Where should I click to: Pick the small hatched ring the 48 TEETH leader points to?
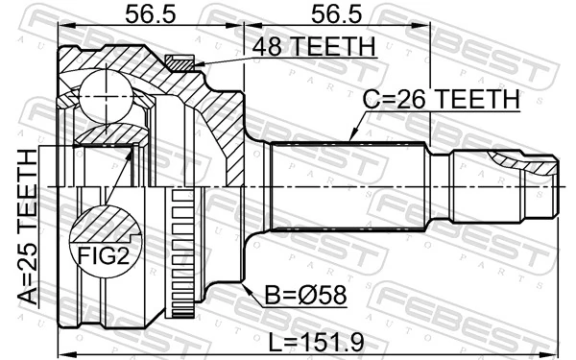tap(180, 62)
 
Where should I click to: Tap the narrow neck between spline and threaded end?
tap(441, 187)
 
